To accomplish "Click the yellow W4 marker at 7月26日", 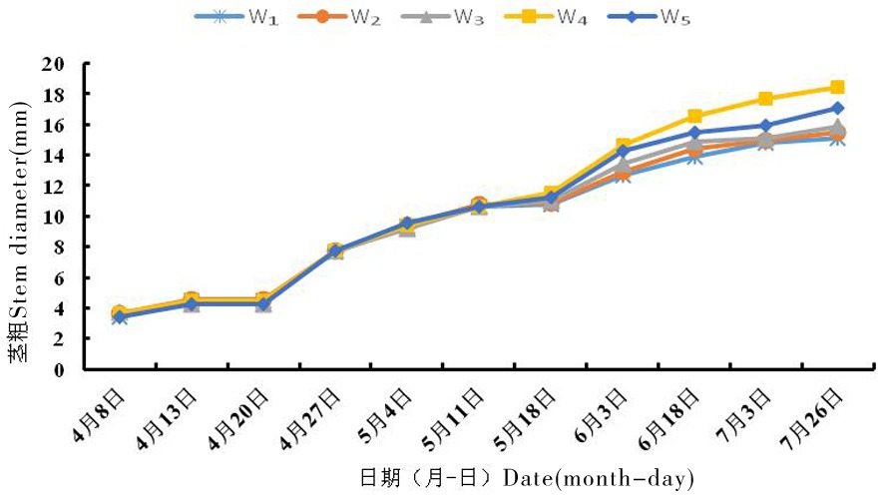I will click(x=837, y=88).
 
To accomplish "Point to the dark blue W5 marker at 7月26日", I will click(x=837, y=108).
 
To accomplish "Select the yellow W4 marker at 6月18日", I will click(x=694, y=117).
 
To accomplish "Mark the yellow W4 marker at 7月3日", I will click(x=765, y=99).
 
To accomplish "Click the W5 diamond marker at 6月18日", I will click(x=694, y=133).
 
